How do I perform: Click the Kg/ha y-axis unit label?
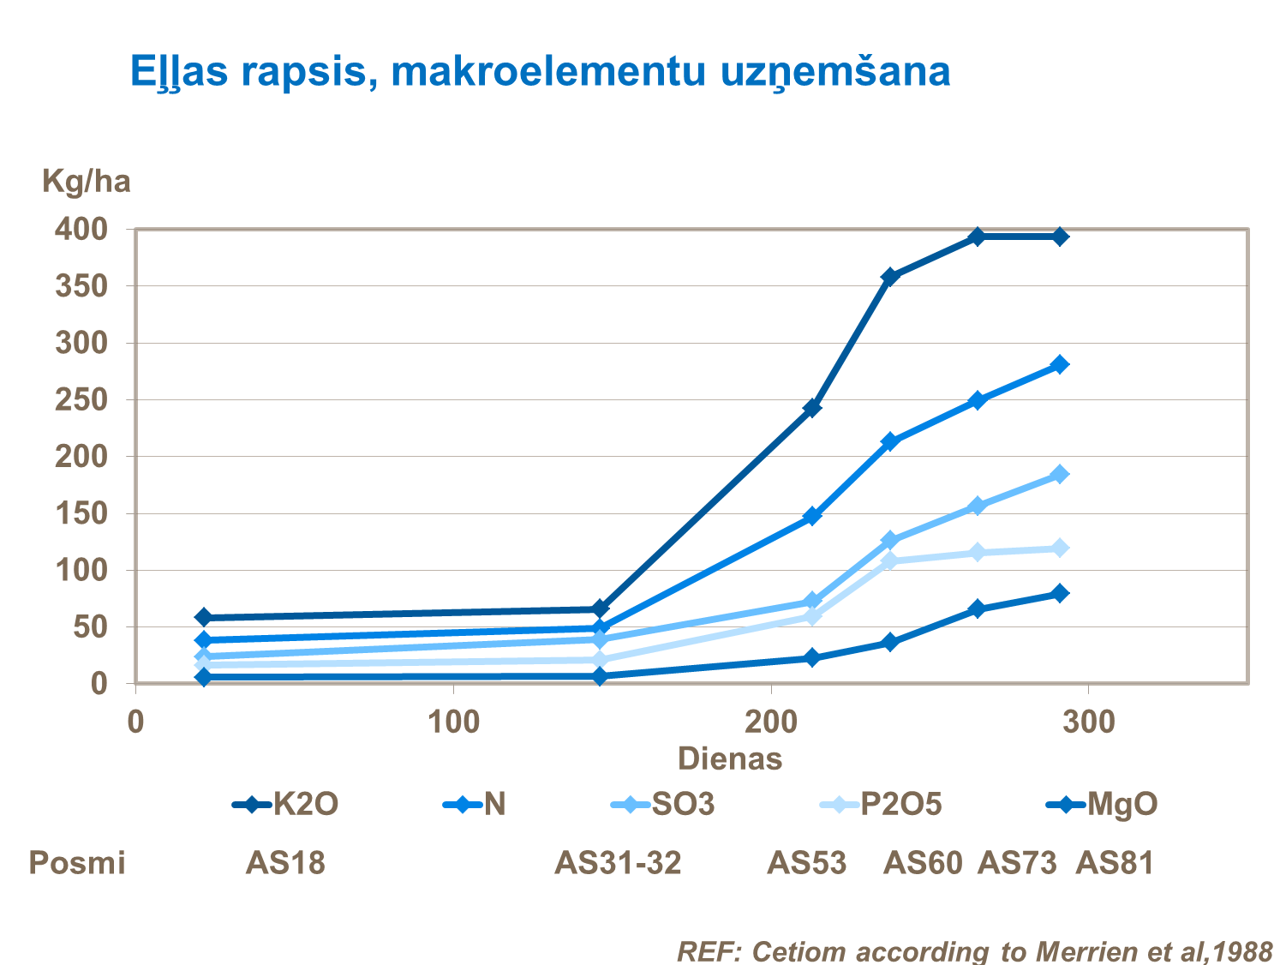(x=87, y=182)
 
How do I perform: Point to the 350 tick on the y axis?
(x=82, y=286)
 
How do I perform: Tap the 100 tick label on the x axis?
(x=453, y=722)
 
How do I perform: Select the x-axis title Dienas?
(x=730, y=759)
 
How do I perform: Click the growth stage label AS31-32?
(x=618, y=863)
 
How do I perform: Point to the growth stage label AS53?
(x=806, y=863)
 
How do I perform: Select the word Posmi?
(x=77, y=863)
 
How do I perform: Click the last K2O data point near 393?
(x=1060, y=237)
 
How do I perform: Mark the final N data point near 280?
(x=1060, y=365)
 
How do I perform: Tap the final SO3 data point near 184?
(x=1060, y=475)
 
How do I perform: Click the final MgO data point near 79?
(x=1060, y=593)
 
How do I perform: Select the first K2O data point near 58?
(x=203, y=617)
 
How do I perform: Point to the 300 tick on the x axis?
(x=1088, y=722)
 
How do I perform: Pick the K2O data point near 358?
(x=889, y=277)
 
